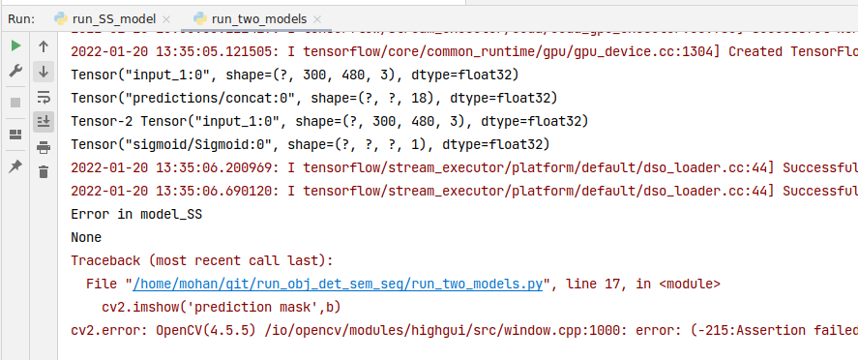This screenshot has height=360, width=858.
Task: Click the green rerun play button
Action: [x=15, y=45]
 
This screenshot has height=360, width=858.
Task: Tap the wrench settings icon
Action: [x=15, y=71]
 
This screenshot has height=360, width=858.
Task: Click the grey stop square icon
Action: [x=15, y=102]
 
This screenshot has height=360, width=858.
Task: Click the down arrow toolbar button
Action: [x=44, y=71]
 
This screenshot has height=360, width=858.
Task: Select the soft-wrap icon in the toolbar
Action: [x=44, y=96]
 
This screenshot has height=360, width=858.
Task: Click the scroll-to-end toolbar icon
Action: [x=44, y=121]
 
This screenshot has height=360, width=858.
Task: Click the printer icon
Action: [x=44, y=146]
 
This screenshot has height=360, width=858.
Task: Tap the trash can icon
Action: [x=44, y=171]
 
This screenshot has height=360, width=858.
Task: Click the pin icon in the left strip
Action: [x=15, y=166]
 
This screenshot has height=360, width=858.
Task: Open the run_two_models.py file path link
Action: [x=338, y=284]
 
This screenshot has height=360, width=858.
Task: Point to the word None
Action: [x=87, y=237]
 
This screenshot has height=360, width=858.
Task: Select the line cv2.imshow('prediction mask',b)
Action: [x=222, y=307]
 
